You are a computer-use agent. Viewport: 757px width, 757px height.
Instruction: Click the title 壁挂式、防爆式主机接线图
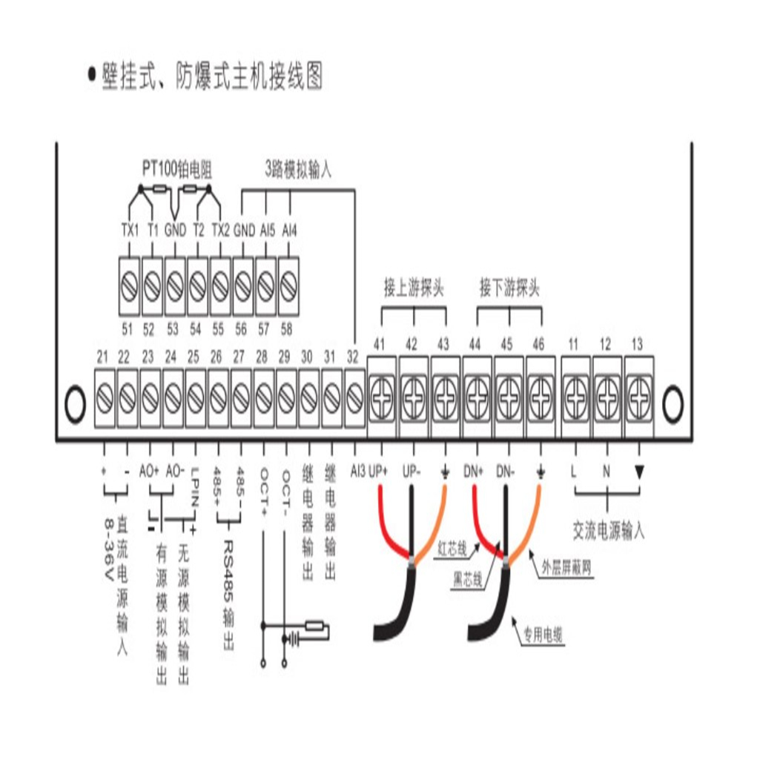[212, 76]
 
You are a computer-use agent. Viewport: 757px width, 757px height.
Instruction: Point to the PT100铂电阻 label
[177, 170]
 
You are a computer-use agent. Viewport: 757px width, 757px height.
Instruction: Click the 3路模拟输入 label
[298, 169]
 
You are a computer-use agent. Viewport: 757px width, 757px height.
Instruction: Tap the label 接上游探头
[413, 289]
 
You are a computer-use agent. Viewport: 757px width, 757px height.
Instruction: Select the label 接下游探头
[509, 289]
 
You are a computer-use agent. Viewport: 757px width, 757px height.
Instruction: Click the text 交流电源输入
[609, 531]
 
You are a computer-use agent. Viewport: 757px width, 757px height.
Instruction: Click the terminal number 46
[539, 343]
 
